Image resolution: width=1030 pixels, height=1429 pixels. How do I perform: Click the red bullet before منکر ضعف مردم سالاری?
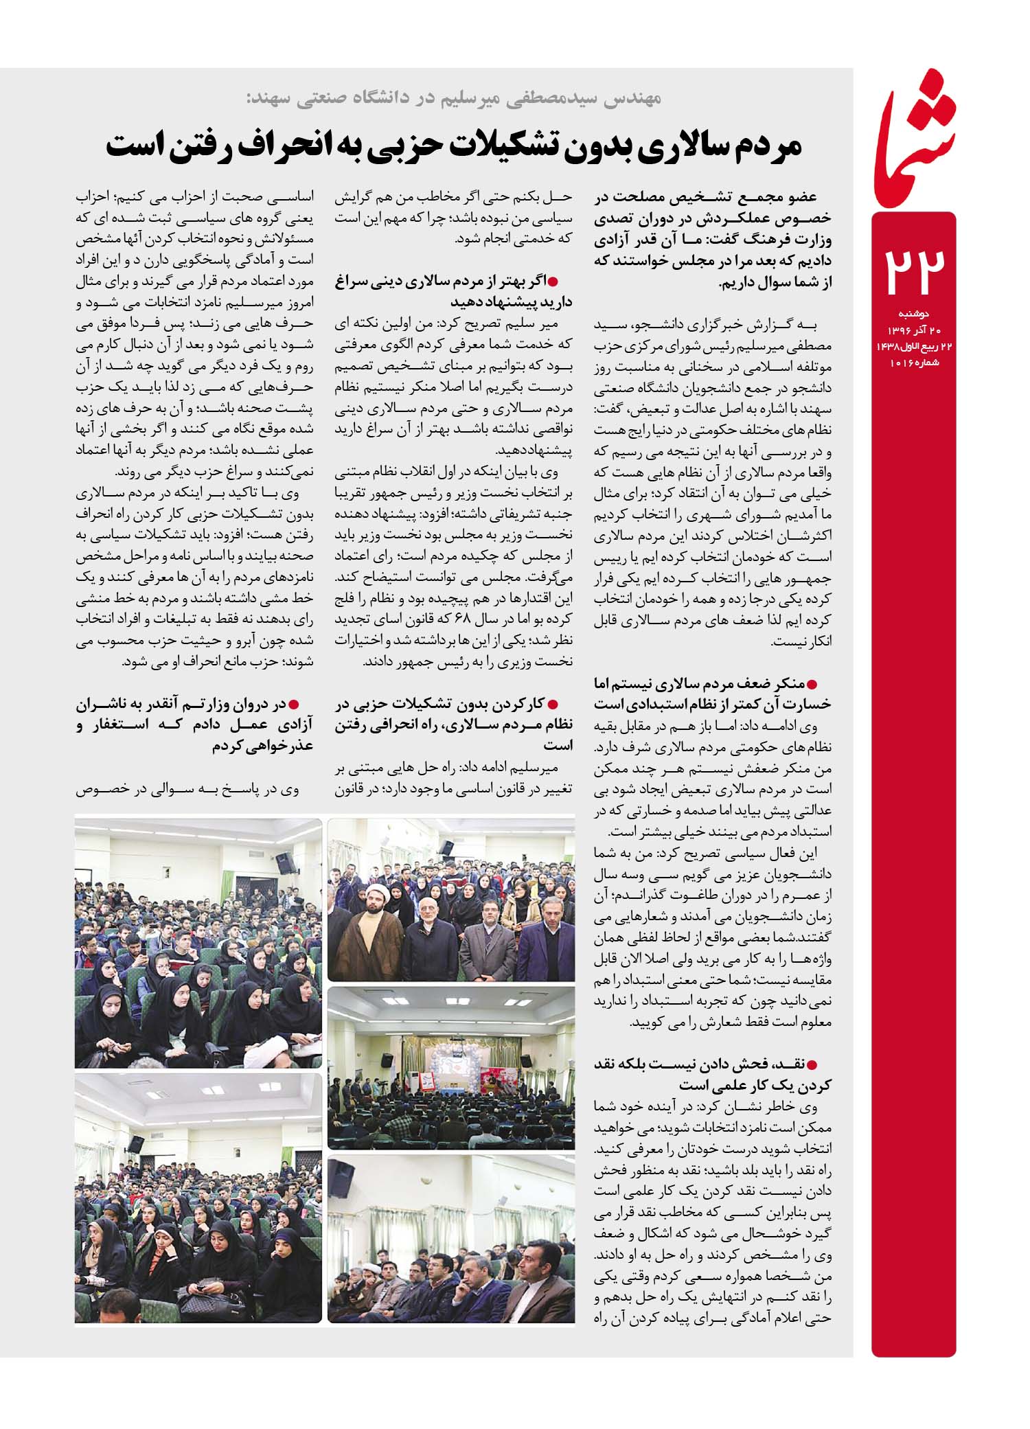pos(826,685)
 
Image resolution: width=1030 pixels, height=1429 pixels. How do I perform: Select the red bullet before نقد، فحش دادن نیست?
pos(826,1066)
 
